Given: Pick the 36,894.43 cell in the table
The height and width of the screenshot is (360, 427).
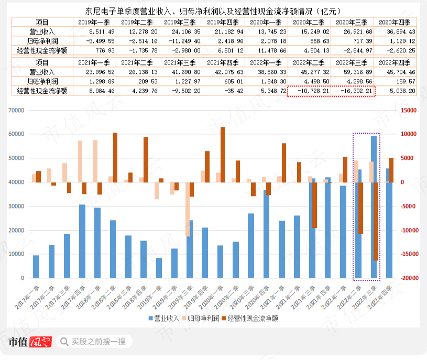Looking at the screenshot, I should (397, 31).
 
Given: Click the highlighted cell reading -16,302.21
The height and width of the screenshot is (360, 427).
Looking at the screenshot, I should (354, 90).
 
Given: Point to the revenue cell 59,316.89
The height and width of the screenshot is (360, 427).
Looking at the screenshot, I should (354, 71).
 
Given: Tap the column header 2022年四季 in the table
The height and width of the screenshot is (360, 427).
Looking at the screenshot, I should (397, 62).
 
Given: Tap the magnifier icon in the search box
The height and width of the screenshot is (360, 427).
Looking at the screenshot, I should (64, 342).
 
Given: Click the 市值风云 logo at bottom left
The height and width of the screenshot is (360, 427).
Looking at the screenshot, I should (29, 342).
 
